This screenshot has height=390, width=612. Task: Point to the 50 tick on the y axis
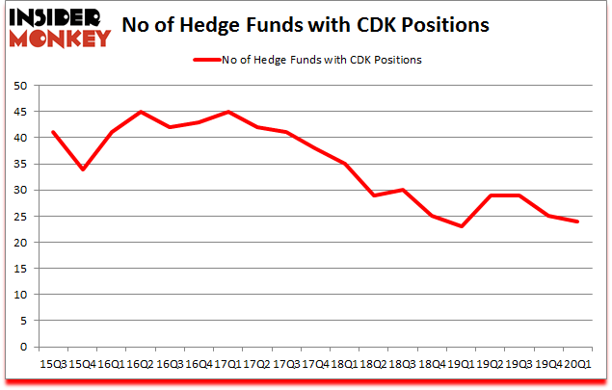pyautogui.click(x=18, y=86)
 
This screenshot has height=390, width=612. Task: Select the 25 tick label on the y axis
pyautogui.click(x=18, y=216)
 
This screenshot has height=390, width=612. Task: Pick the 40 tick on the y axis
pyautogui.click(x=18, y=138)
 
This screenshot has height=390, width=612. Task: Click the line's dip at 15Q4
pyautogui.click(x=82, y=169)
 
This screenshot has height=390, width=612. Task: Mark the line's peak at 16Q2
pyautogui.click(x=141, y=112)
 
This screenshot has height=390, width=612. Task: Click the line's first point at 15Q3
pyautogui.click(x=53, y=133)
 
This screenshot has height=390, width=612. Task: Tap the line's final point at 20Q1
pyautogui.click(x=577, y=221)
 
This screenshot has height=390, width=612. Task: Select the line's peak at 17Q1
pyautogui.click(x=227, y=112)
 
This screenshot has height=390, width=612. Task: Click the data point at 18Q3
pyautogui.click(x=402, y=190)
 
